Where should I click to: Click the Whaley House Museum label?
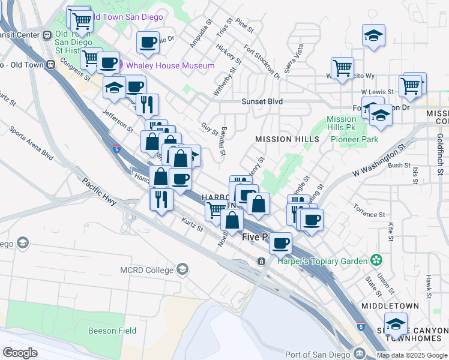(170, 65)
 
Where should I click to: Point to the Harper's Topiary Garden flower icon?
(376, 260)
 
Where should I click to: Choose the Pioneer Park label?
(355, 139)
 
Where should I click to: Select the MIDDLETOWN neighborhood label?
(390, 306)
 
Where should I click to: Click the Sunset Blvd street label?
(262, 102)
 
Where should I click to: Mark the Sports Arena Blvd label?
(32, 146)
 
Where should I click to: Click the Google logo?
(20, 352)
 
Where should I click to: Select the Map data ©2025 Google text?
(412, 355)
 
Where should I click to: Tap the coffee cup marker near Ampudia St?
(148, 42)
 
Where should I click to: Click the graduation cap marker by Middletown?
(395, 325)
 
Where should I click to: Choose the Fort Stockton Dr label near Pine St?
(262, 62)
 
